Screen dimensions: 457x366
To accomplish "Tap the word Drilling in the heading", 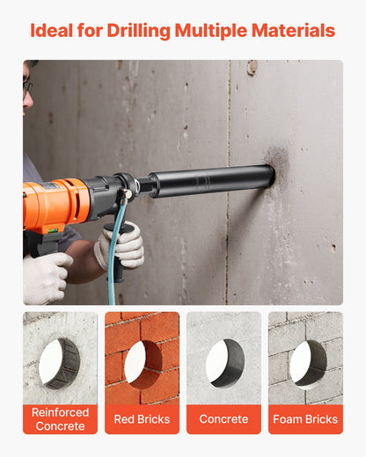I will (x=136, y=31).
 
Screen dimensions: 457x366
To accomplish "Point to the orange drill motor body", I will (x=56, y=203).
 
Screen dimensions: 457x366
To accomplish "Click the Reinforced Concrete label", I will (x=60, y=419).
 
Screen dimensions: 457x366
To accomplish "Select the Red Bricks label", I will (x=142, y=419).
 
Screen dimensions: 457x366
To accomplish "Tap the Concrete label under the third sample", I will (x=223, y=419).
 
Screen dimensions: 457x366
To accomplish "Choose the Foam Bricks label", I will (x=305, y=419).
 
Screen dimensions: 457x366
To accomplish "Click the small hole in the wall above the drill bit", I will (x=253, y=67).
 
